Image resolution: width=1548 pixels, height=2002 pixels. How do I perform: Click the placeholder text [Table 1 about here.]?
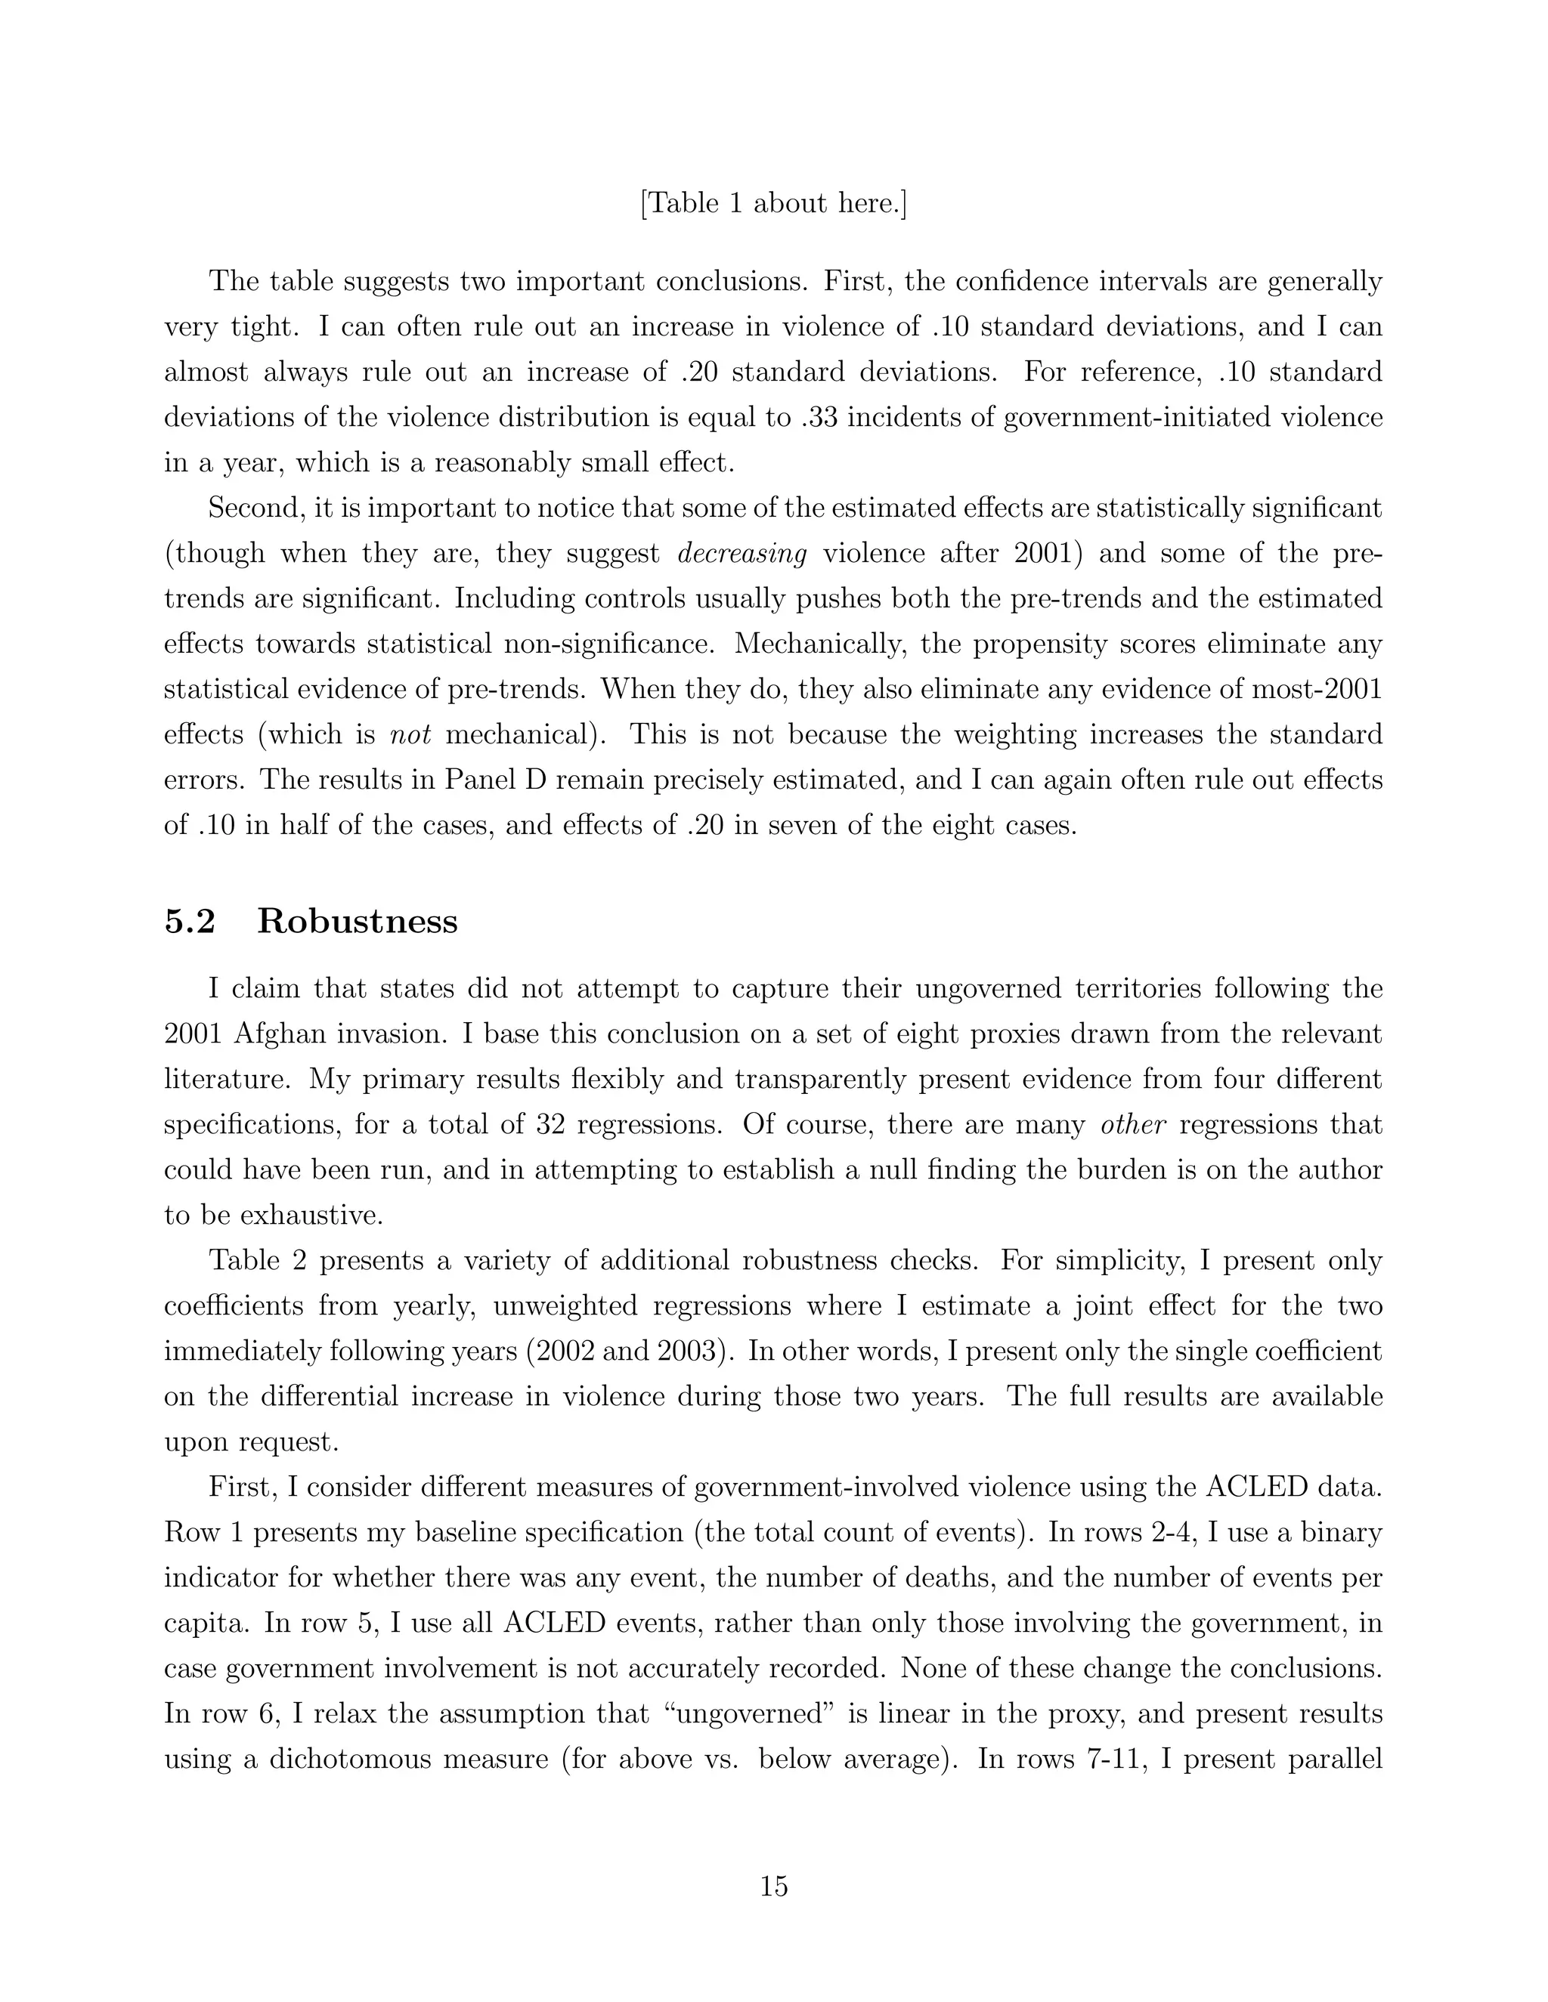[x=773, y=203]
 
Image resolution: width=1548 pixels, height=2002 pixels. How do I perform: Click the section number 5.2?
[x=190, y=921]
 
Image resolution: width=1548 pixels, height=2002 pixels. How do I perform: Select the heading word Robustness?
[x=357, y=921]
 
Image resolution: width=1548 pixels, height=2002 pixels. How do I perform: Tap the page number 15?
[x=773, y=1886]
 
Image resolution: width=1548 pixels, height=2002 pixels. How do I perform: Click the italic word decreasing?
[x=741, y=554]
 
